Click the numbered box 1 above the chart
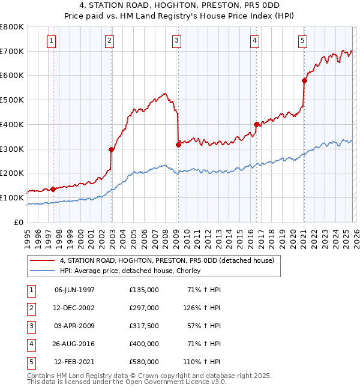tap(51, 41)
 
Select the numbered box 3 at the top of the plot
tap(177, 41)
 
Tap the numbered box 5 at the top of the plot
tap(302, 41)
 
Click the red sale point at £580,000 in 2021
tap(304, 80)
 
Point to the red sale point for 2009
tap(178, 144)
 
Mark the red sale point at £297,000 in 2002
tap(112, 149)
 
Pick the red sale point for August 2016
tap(256, 124)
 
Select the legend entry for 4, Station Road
tap(167, 260)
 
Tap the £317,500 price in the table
tap(144, 326)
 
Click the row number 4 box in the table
tap(30, 344)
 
